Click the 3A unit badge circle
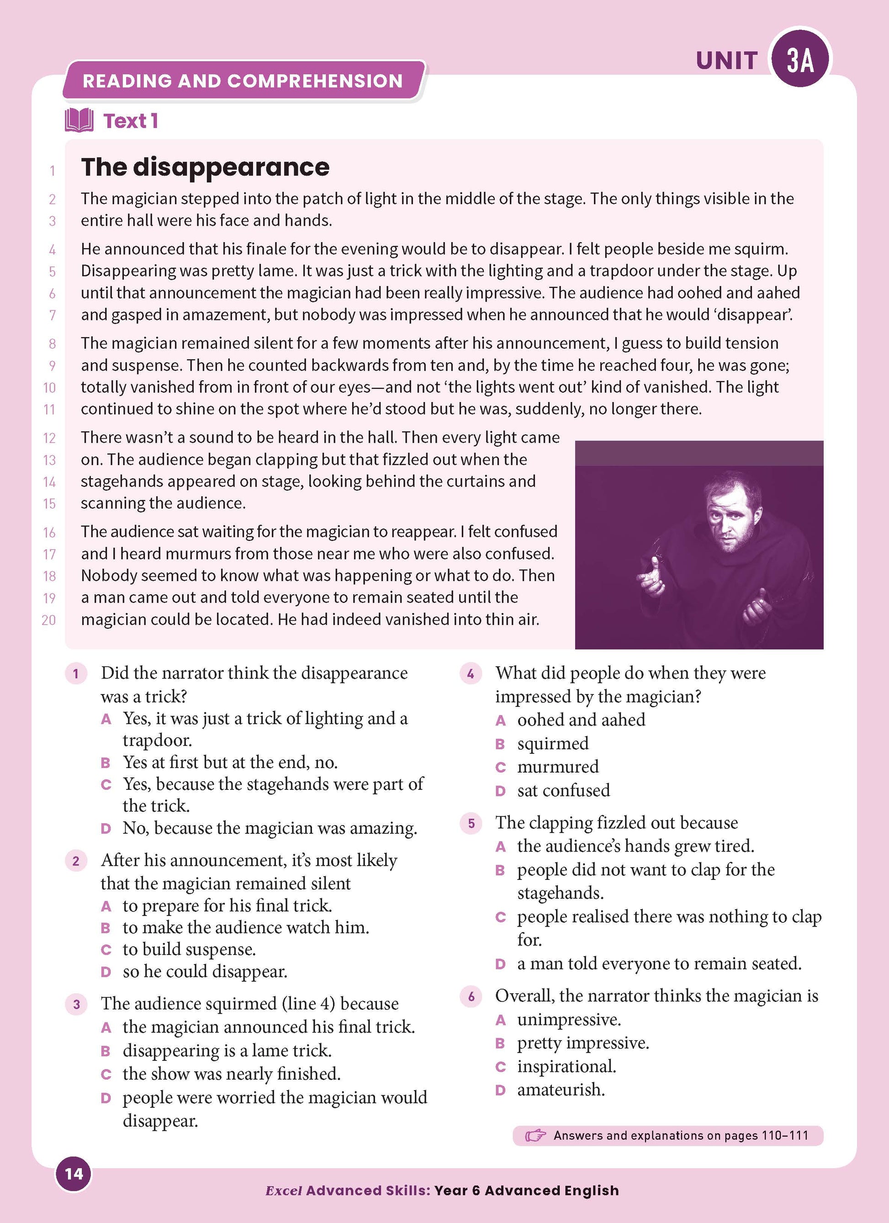(x=800, y=59)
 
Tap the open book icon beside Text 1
(x=79, y=120)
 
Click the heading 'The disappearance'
(x=205, y=167)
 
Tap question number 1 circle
(x=76, y=673)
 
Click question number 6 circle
(x=471, y=996)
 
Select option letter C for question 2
(x=106, y=950)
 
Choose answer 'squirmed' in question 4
(x=553, y=744)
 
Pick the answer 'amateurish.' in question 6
(x=561, y=1090)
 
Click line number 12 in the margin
(x=50, y=438)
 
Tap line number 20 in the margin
(x=48, y=620)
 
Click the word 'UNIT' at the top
(x=727, y=61)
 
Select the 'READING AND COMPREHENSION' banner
(x=243, y=81)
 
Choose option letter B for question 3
(x=106, y=1051)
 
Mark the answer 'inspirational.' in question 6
(x=566, y=1066)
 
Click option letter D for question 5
(x=500, y=964)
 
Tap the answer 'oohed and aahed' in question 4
(x=581, y=720)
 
